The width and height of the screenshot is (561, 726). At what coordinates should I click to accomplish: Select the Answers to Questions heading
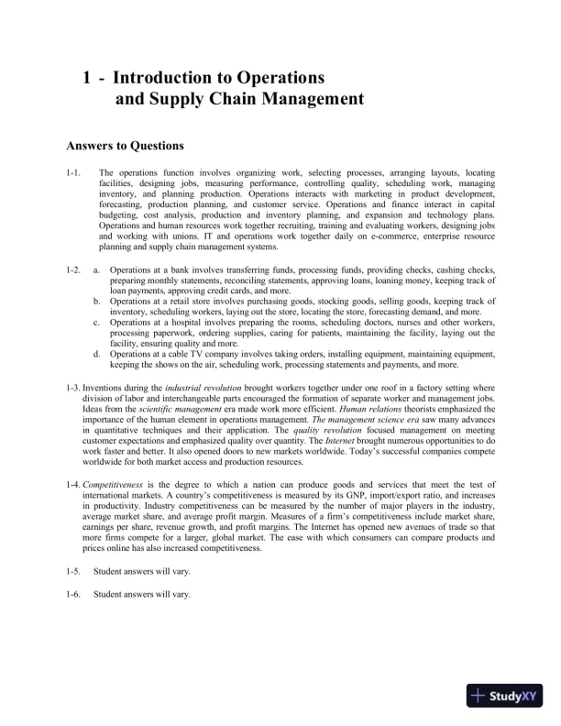[125, 145]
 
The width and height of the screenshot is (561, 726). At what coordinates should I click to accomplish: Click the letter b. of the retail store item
[97, 300]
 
